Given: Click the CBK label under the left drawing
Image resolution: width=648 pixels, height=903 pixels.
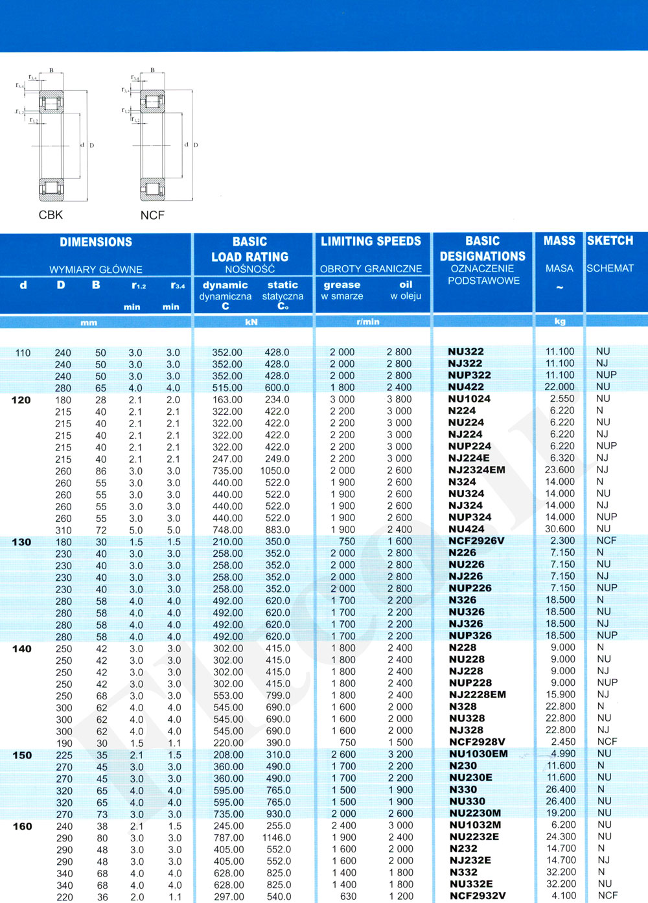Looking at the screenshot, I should point(51,215).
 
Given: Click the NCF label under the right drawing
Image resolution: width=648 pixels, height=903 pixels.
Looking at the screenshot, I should point(152,215).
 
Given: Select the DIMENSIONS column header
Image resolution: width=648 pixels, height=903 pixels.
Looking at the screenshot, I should point(96,242).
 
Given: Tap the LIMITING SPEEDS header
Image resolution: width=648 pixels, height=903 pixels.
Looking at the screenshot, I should point(371,242).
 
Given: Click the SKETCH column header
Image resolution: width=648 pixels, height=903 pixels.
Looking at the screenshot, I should point(610,241).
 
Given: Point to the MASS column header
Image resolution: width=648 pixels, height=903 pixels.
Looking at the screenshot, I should point(559,241).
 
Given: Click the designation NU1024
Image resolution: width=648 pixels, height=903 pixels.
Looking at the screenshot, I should point(469,399).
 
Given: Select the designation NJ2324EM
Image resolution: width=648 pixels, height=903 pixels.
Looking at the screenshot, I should point(476,470).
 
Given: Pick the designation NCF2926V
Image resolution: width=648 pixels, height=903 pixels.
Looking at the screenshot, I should point(476,541).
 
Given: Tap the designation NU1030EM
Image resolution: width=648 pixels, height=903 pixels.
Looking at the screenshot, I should point(478,754).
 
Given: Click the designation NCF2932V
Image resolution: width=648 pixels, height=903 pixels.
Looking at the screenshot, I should point(478,896).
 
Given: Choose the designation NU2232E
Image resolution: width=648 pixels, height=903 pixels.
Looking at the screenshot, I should point(474,837).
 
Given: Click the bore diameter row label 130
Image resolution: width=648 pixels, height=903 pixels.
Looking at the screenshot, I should point(21,542).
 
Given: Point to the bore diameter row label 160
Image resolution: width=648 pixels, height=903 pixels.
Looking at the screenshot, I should point(22,827).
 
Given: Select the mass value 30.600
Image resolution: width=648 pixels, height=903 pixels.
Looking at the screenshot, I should point(560,529).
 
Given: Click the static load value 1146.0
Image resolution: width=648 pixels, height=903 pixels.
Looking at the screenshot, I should point(277,838).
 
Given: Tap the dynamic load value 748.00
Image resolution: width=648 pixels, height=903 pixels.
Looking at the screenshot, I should point(227,530).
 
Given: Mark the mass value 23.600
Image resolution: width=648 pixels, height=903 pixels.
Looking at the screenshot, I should point(560,470).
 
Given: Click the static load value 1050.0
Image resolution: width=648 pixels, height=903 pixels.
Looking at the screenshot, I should point(275,471).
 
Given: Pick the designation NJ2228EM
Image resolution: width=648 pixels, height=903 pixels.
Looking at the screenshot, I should point(477,695).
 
